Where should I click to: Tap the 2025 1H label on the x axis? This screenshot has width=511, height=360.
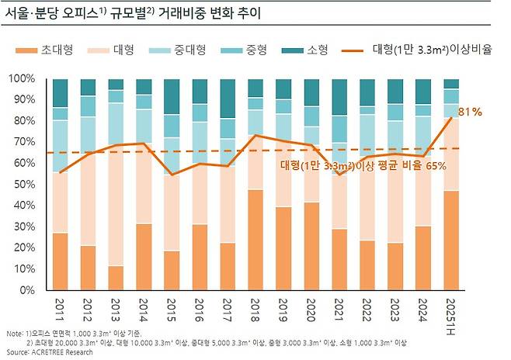tap(450, 313)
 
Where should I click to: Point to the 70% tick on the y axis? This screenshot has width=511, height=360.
tap(23, 142)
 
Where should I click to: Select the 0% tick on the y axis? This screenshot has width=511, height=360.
tap(26, 289)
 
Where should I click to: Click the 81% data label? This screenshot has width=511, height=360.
tap(470, 112)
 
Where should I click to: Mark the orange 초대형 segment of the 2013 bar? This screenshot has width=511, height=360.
tap(116, 277)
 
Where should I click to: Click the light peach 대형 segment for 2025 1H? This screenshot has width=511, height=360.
tap(450, 154)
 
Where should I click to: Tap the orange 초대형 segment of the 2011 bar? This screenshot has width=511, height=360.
tap(60, 261)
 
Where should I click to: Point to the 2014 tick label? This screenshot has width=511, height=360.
tap(144, 308)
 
